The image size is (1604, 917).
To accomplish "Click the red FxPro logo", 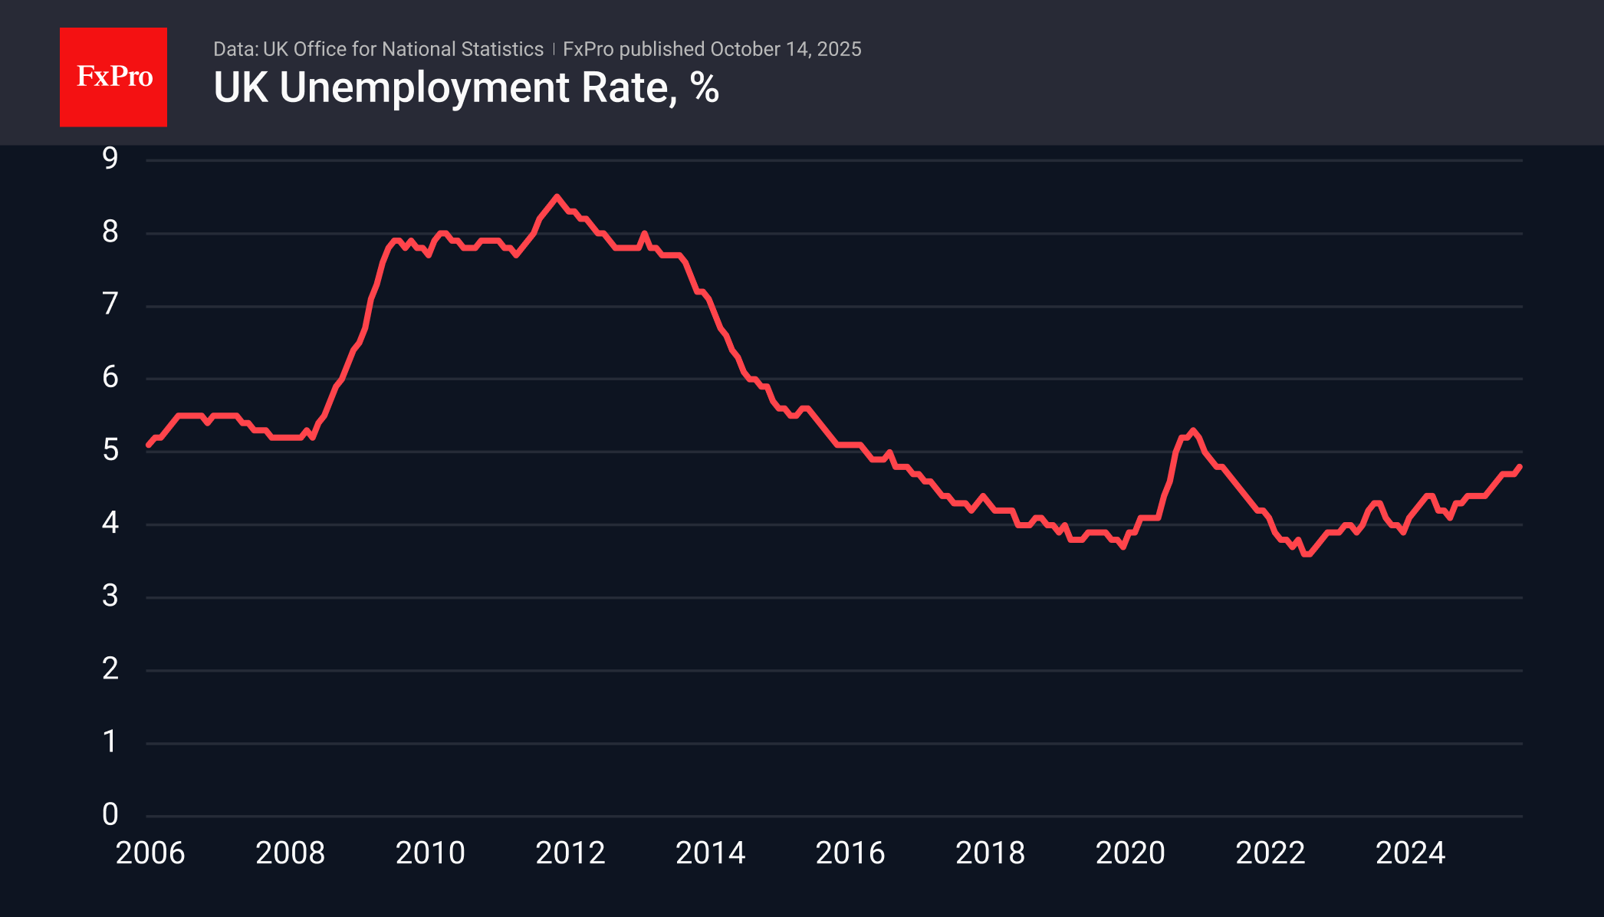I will (x=113, y=77).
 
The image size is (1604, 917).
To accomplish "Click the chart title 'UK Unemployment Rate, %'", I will (x=465, y=87).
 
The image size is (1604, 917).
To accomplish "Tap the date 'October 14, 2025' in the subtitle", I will (x=785, y=49).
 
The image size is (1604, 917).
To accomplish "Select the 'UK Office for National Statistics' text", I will (x=403, y=49).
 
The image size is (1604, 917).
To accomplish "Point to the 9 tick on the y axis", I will (x=110, y=158).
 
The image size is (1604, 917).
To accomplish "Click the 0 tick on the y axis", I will (x=110, y=814).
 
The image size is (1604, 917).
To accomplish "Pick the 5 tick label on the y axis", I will (x=110, y=450).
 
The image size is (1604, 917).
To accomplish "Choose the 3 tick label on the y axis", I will (x=110, y=596).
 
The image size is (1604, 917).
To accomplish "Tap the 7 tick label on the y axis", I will (x=110, y=304).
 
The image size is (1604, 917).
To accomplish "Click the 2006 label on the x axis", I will (x=150, y=853).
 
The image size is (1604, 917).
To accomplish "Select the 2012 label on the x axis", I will (x=570, y=853).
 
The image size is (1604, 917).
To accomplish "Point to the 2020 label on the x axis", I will (x=1130, y=853).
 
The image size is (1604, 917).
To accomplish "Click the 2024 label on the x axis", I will (x=1410, y=853).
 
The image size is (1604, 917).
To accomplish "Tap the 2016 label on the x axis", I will (x=850, y=853).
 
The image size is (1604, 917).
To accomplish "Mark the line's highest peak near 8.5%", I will (x=557, y=197).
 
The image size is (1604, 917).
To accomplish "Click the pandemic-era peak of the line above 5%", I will (x=1192, y=430).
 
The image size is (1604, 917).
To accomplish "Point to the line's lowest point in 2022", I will (x=1307, y=554).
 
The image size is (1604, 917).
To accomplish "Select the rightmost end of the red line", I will (x=1520, y=466).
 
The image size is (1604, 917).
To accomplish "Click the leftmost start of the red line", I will (x=148, y=445).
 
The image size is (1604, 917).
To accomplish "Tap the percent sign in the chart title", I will (x=705, y=87).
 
